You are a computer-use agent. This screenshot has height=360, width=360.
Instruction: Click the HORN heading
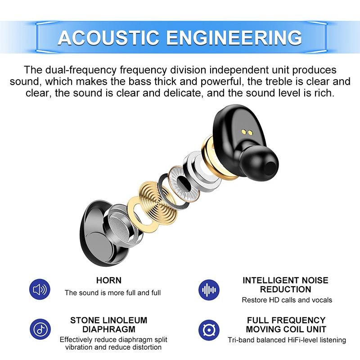(109, 280)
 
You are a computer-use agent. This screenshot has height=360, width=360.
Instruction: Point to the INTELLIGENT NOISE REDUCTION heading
(286, 285)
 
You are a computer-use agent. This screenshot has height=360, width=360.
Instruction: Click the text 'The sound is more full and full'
(112, 293)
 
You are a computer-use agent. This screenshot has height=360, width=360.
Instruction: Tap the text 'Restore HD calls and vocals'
(287, 300)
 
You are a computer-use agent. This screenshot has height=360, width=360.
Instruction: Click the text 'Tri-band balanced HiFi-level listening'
(287, 340)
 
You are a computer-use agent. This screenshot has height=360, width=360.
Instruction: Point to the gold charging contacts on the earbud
(246, 132)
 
